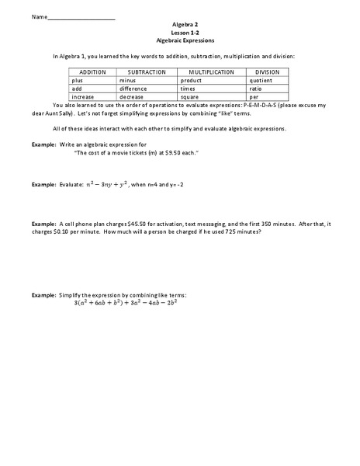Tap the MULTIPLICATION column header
pos(212,71)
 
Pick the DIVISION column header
pos(267,71)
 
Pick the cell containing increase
pos(83,97)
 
